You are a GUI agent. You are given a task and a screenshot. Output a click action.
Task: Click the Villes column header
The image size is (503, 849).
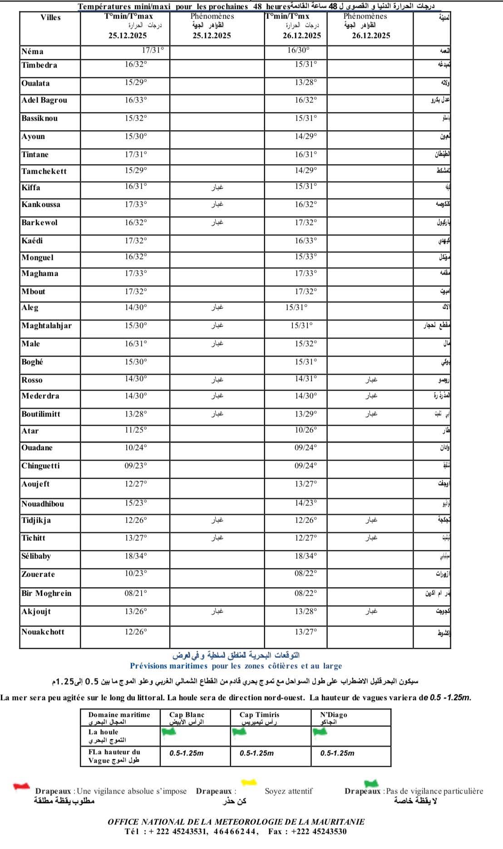click(x=50, y=17)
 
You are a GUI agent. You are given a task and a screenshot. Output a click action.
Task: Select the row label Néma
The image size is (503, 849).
click(x=33, y=52)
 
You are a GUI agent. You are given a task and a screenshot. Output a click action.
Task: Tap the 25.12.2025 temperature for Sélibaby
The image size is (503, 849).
click(x=136, y=556)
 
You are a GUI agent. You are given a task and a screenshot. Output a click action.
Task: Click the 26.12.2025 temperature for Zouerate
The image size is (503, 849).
click(x=306, y=574)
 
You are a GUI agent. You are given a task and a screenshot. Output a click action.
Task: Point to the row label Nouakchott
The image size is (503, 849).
click(x=43, y=632)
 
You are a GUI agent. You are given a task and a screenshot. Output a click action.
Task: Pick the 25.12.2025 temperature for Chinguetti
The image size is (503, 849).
click(x=136, y=466)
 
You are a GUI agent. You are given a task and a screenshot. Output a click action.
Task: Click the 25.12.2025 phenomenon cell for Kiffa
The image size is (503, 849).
click(x=217, y=187)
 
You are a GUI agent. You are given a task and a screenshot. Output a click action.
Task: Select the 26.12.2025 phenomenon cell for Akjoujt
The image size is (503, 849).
click(x=371, y=611)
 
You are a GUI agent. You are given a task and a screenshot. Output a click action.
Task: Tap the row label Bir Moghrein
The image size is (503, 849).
click(x=46, y=593)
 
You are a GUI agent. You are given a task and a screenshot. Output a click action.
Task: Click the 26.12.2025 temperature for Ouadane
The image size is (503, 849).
click(x=306, y=447)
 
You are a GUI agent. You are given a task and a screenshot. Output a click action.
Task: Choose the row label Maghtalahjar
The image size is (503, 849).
click(x=47, y=325)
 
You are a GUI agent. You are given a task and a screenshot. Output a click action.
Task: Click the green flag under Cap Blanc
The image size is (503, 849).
click(x=169, y=731)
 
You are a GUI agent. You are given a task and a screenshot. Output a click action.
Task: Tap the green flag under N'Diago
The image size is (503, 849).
click(x=320, y=732)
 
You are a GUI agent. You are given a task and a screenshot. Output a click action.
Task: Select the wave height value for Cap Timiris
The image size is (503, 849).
click(x=257, y=753)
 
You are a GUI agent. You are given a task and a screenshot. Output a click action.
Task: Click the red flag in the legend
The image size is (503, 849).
click(x=21, y=786)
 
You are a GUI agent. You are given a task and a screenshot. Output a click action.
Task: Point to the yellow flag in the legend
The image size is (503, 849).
click(x=249, y=781)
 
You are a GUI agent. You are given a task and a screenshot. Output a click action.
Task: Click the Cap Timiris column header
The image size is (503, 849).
click(x=260, y=715)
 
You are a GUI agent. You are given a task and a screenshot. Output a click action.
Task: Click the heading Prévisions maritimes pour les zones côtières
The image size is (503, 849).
click(x=236, y=666)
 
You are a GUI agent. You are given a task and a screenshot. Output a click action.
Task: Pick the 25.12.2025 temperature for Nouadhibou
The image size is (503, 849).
click(x=136, y=503)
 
